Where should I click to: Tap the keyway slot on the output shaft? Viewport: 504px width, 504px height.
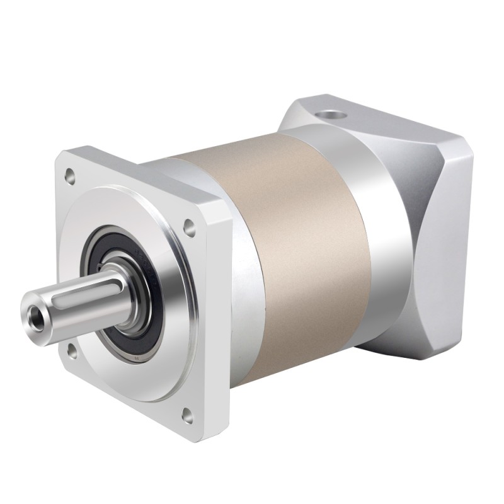[x=74, y=295]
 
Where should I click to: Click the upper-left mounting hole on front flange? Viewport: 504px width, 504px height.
[x=70, y=171]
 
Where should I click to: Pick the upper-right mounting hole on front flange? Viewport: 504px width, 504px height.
[x=188, y=224]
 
